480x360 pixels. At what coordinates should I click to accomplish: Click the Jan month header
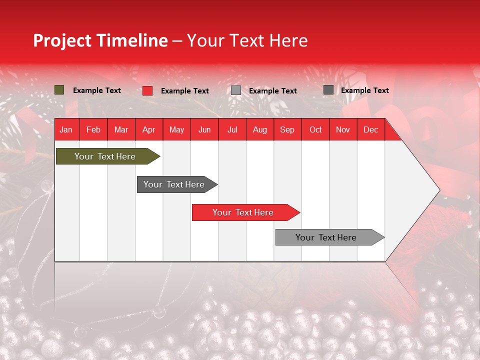coord(66,129)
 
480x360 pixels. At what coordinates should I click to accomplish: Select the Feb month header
coord(93,129)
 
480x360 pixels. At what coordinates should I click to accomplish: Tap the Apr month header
coord(149,129)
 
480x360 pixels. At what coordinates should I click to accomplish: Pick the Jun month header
coord(204,129)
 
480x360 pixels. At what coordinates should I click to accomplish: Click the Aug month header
coord(260,129)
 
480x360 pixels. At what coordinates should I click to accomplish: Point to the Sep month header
coord(287,129)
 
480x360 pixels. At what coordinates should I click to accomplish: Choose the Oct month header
coord(315,129)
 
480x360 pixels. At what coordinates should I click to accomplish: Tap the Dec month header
coord(371,129)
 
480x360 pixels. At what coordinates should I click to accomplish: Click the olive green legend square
coord(59,90)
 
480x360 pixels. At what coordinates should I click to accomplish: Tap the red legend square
coord(147,90)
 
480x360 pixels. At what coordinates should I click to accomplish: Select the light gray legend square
coord(236,90)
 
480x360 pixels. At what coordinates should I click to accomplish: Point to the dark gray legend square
coord(328,90)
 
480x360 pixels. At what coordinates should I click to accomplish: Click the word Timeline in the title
coord(132,40)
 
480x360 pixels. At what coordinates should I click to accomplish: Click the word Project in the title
coord(62,40)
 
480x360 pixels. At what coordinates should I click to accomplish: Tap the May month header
coord(176,129)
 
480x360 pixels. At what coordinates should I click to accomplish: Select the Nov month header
coord(343,129)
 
